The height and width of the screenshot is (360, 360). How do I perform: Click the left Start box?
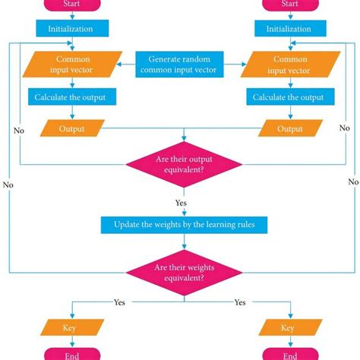coord(72,5)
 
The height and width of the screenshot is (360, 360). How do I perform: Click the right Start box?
coord(289,5)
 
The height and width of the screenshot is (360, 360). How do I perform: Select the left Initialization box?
coord(73,29)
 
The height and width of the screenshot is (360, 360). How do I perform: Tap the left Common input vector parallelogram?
coord(73,65)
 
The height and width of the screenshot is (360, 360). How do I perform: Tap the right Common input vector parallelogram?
coord(289,65)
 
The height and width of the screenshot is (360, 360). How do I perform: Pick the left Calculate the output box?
coord(73,97)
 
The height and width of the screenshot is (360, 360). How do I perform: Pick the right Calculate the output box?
coord(289,97)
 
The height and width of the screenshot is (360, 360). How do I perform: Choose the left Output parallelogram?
coord(73,128)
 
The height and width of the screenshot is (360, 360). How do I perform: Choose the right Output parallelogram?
coord(289,128)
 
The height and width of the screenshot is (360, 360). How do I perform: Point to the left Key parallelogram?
coord(73,327)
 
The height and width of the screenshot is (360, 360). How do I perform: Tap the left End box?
coord(73,355)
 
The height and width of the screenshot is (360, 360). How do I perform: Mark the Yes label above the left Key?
coord(120,302)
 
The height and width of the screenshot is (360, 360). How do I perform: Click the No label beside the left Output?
coord(19,131)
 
